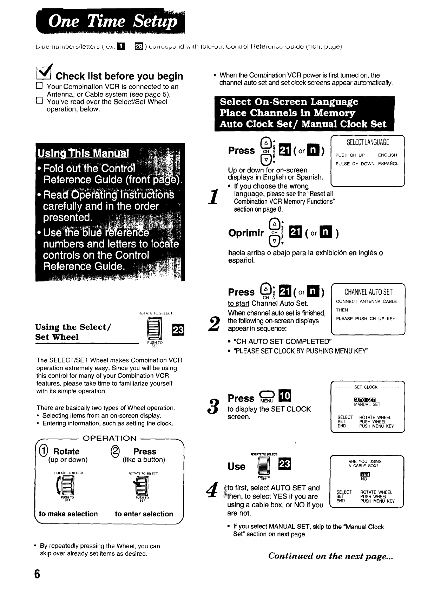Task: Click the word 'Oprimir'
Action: click(246, 233)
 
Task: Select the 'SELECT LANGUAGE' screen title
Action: click(368, 142)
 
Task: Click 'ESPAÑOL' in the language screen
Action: click(388, 164)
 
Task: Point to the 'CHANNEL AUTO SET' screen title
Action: click(368, 292)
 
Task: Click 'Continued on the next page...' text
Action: click(330, 556)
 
